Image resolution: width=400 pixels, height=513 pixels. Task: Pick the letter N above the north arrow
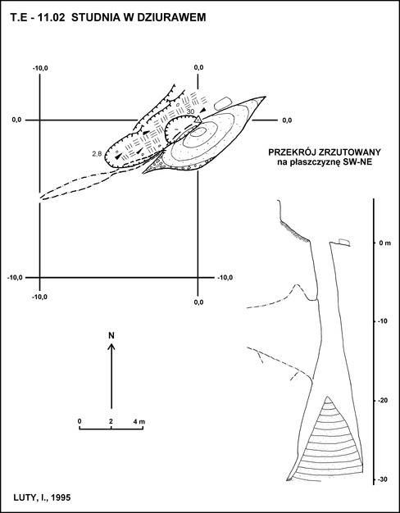pyautogui.click(x=111, y=335)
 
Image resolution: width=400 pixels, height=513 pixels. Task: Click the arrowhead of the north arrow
pyautogui.click(x=111, y=347)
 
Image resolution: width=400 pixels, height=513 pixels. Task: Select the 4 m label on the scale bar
pyautogui.click(x=139, y=421)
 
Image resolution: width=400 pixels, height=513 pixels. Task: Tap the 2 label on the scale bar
pyautogui.click(x=111, y=421)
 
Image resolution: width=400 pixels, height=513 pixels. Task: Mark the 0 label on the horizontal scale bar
pyautogui.click(x=80, y=421)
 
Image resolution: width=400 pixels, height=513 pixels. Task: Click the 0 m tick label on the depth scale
pyautogui.click(x=385, y=243)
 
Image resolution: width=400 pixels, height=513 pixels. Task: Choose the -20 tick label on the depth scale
pyautogui.click(x=384, y=401)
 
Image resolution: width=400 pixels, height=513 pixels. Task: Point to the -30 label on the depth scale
pyautogui.click(x=384, y=479)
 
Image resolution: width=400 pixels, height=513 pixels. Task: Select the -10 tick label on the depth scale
pyautogui.click(x=384, y=321)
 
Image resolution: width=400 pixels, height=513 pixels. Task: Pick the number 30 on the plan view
pyautogui.click(x=190, y=112)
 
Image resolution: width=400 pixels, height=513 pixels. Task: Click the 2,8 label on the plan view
pyautogui.click(x=98, y=153)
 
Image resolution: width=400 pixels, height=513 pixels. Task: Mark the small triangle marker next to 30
pyautogui.click(x=198, y=120)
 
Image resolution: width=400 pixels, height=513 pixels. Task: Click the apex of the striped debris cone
pyautogui.click(x=327, y=397)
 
